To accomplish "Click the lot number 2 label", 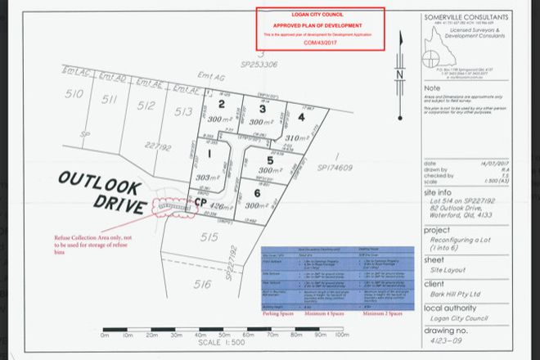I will coord(221,105).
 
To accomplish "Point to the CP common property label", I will coord(198,201).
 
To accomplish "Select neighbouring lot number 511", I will coord(108,99).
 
